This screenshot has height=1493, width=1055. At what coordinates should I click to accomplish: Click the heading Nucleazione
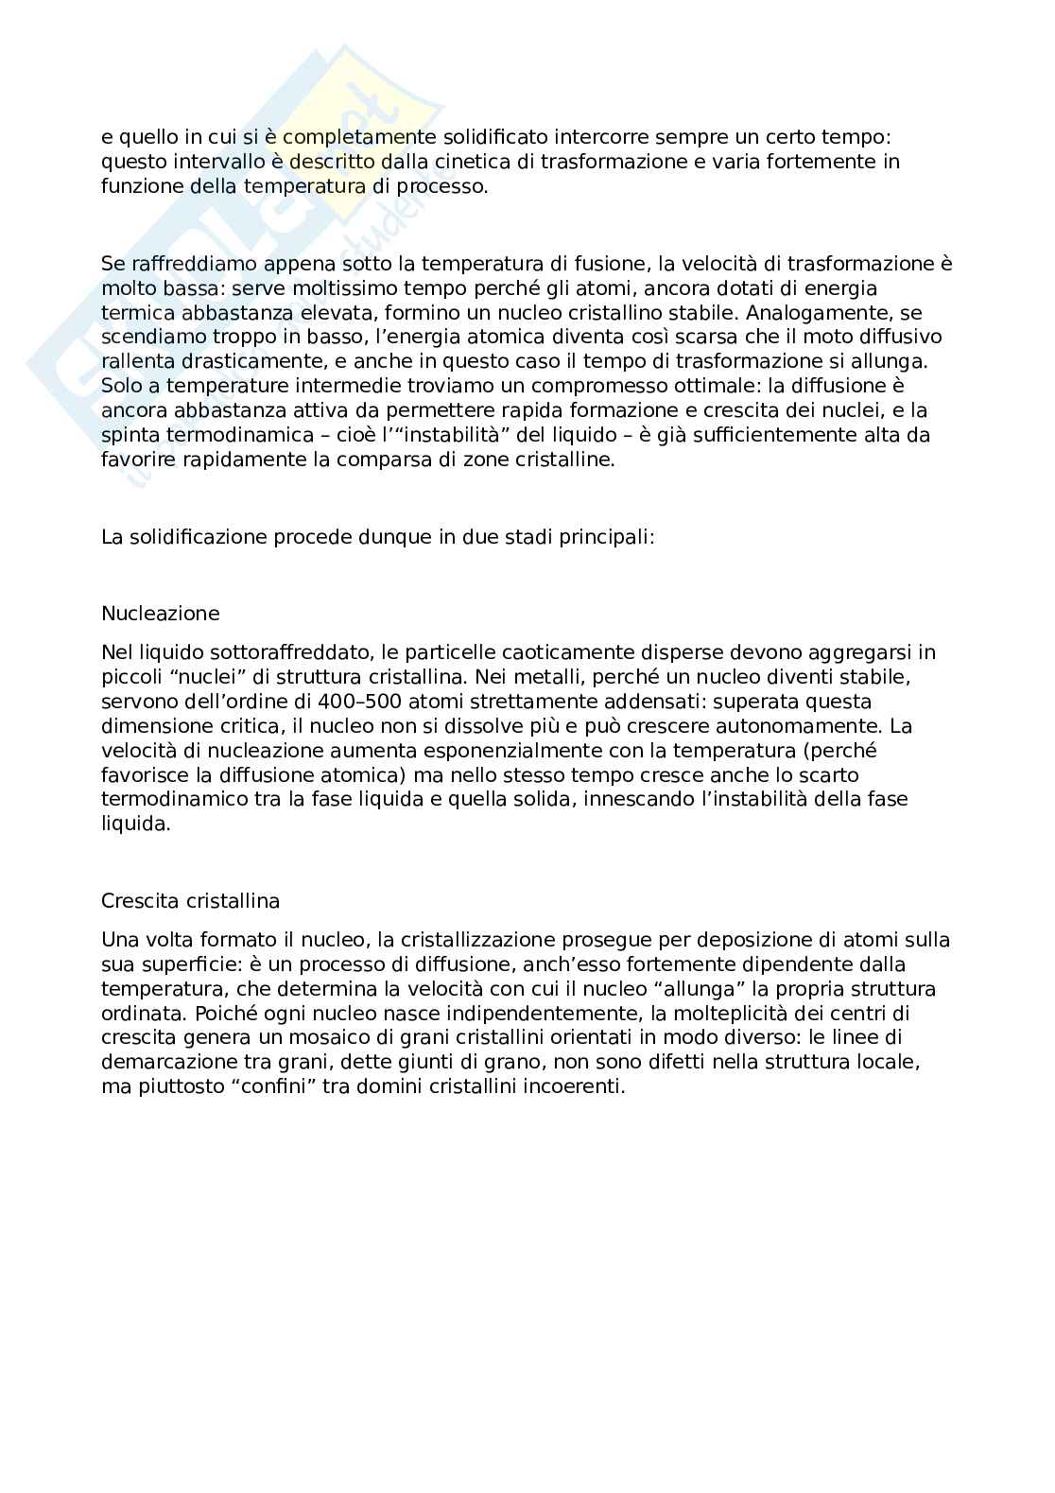point(160,614)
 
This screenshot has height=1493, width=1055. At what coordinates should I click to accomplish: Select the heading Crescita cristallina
point(190,901)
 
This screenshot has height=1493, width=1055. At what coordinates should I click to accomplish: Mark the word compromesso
point(594,386)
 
